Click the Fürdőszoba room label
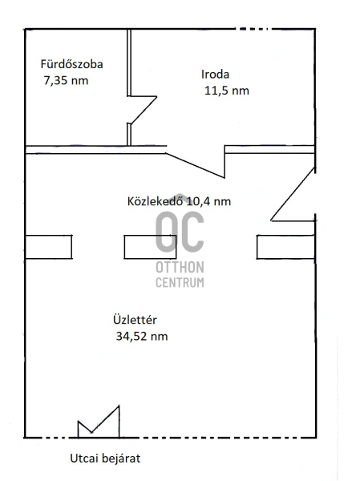(71, 64)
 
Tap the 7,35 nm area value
(66, 81)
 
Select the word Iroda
(215, 75)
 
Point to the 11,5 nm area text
(226, 91)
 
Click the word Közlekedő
(156, 201)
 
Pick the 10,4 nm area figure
(208, 201)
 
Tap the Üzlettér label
(135, 320)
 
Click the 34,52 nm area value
(142, 337)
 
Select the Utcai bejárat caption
(105, 459)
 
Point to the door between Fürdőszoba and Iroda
(143, 110)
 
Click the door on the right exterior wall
(293, 194)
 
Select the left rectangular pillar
(48, 247)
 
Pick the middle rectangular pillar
(151, 247)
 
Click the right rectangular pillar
(285, 247)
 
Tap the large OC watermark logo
(180, 232)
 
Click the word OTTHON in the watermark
(180, 268)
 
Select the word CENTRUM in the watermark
(180, 282)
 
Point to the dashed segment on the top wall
(253, 29)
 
